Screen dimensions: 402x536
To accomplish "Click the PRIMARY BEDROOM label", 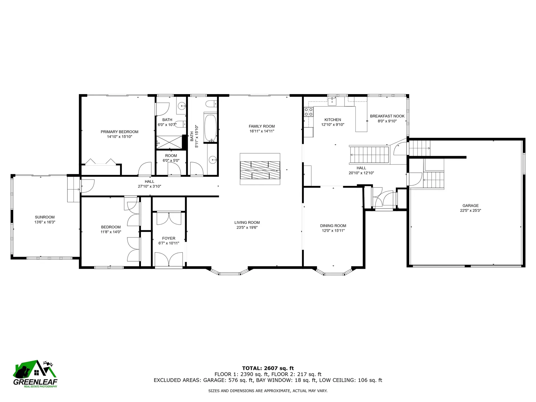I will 119,132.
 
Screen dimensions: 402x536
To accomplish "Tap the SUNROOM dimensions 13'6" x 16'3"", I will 45,222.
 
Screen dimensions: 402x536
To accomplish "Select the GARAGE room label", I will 470,205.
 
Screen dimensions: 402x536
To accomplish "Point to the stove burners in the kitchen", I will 308,112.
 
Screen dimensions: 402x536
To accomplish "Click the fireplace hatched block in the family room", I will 260,170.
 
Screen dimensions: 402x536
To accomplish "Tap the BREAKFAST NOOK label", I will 387,116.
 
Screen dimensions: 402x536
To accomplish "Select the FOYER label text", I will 169,238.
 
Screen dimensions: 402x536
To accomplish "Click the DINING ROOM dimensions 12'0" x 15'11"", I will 333,231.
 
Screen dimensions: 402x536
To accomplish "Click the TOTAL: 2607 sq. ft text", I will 268,368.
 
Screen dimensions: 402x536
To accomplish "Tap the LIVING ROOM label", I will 247,222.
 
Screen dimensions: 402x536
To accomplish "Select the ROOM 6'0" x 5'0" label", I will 171,158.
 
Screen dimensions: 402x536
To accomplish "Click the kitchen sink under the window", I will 332,101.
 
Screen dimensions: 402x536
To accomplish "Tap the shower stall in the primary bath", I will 169,143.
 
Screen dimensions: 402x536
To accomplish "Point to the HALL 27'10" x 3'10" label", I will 149,184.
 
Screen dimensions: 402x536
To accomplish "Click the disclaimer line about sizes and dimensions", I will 268,391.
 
